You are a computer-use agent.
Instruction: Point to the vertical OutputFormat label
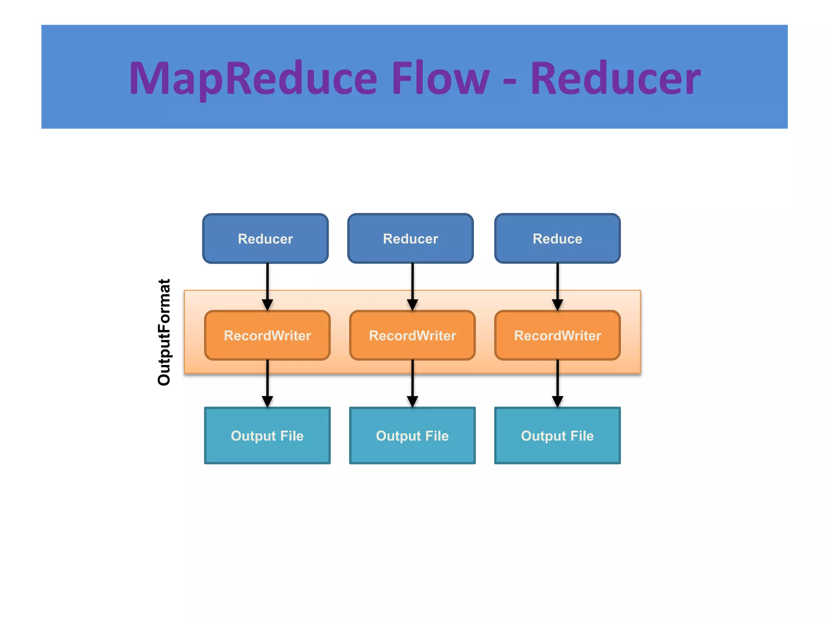tap(164, 332)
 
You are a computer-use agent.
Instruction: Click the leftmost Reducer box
tap(266, 239)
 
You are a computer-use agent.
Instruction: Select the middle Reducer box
tap(410, 239)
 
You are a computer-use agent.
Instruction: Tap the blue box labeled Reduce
tap(557, 239)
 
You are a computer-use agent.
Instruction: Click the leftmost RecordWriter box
tap(267, 335)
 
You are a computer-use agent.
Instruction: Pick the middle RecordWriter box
tap(412, 335)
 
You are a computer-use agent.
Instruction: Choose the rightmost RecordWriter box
tap(557, 335)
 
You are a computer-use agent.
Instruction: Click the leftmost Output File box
tap(267, 436)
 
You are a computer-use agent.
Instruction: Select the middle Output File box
tap(412, 436)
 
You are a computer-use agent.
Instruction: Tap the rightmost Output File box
tap(557, 436)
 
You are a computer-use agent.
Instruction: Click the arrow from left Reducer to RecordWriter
tap(267, 285)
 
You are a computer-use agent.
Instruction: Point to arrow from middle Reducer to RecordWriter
tap(412, 285)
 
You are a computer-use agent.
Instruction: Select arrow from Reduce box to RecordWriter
tap(557, 285)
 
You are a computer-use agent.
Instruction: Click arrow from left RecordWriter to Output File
tap(267, 383)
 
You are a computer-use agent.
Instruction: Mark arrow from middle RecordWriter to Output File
tap(412, 383)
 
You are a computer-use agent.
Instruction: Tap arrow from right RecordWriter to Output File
tap(557, 383)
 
